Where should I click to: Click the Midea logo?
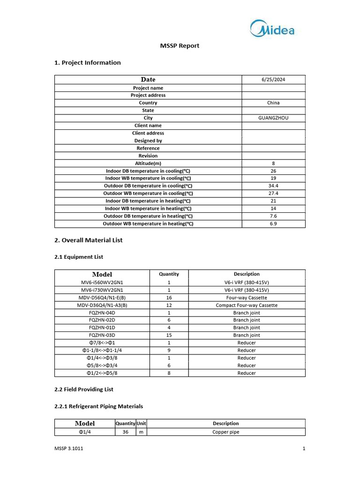pyautogui.click(x=272, y=29)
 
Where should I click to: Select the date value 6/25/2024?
pyautogui.click(x=273, y=80)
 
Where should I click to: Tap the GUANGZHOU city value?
pyautogui.click(x=273, y=118)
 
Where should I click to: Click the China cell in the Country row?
pyautogui.click(x=273, y=103)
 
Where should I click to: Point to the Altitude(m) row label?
pyautogui.click(x=148, y=163)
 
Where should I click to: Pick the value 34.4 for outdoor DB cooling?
pyautogui.click(x=273, y=186)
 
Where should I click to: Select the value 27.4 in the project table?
pyautogui.click(x=273, y=193)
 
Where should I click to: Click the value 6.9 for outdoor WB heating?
pyautogui.click(x=273, y=224)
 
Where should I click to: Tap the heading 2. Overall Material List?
pyautogui.click(x=89, y=240)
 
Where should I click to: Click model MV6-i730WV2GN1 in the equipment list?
pyautogui.click(x=102, y=290)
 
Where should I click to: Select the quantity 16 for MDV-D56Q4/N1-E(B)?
pyautogui.click(x=169, y=298)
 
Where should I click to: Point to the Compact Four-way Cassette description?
pyautogui.click(x=247, y=305)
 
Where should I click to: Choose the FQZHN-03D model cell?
pyautogui.click(x=102, y=335)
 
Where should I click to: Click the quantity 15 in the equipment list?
pyautogui.click(x=169, y=335)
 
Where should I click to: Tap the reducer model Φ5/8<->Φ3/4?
pyautogui.click(x=102, y=365)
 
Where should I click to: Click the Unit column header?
pyautogui.click(x=141, y=423)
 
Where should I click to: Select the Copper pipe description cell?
pyautogui.click(x=225, y=432)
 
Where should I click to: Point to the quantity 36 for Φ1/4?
pyautogui.click(x=126, y=432)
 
